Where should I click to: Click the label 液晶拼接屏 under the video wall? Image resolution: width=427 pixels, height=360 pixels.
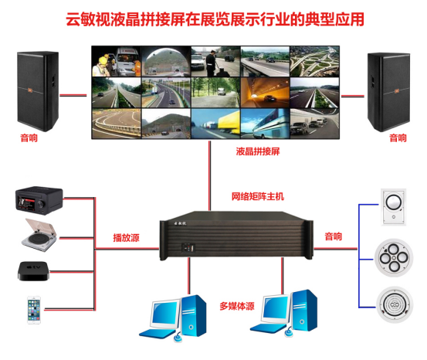[258, 151]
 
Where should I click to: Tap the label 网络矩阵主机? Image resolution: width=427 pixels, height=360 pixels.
[258, 196]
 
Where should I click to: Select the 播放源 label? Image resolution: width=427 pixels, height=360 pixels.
[126, 238]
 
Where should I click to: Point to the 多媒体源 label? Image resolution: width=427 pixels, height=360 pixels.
[237, 306]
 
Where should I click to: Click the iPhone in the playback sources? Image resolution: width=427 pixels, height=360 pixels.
[34, 310]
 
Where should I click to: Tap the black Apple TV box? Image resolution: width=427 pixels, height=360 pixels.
[33, 271]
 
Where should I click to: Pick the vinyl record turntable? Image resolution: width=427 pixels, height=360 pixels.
[39, 235]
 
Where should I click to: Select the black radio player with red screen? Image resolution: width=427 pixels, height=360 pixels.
[39, 200]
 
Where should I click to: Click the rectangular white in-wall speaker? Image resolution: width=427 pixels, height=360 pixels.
[393, 207]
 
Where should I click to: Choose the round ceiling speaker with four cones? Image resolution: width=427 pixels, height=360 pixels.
[394, 258]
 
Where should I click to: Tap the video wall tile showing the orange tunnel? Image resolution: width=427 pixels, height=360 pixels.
[265, 93]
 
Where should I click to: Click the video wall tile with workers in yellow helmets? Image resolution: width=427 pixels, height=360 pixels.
[117, 62]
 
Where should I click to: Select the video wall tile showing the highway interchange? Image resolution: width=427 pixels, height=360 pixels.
[314, 62]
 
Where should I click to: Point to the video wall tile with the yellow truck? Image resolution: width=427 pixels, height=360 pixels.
[215, 124]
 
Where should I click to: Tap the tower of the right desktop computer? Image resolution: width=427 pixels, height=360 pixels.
[304, 310]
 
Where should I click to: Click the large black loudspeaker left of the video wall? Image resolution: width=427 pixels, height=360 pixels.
[38, 91]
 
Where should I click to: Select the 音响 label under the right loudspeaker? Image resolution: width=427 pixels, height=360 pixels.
[398, 138]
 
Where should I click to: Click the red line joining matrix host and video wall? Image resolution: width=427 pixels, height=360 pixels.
[210, 176]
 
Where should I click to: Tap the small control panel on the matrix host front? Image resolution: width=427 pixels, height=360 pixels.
[188, 248]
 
